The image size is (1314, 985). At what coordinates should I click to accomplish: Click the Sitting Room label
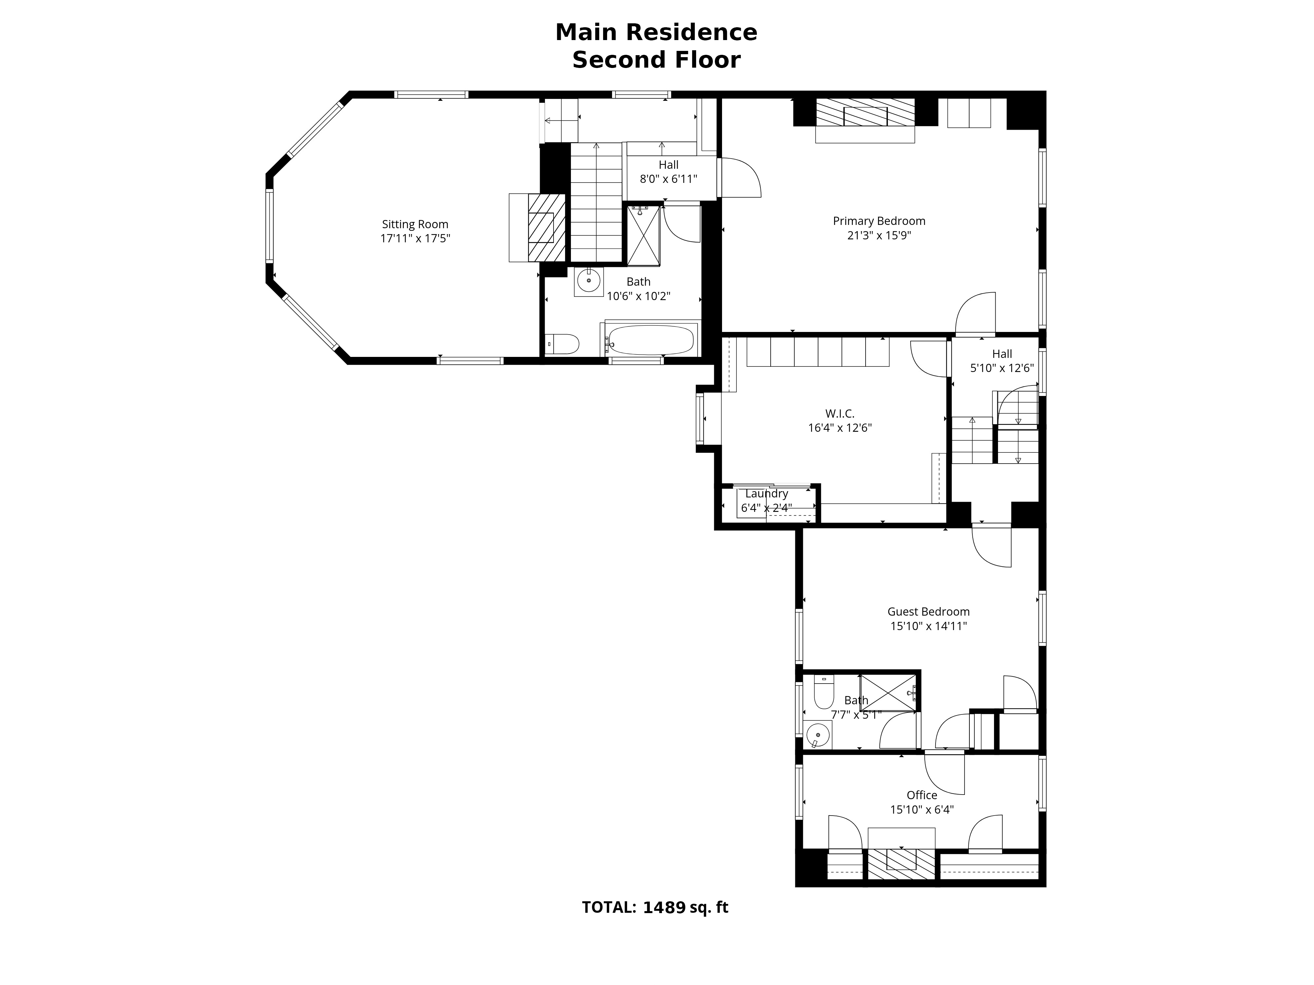click(415, 225)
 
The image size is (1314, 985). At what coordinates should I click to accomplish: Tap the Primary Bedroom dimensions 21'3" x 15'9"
click(879, 235)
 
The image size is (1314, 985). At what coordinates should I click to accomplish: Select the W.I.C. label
click(839, 414)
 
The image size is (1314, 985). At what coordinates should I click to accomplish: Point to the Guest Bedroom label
click(928, 612)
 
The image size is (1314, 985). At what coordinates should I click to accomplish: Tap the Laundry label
click(766, 493)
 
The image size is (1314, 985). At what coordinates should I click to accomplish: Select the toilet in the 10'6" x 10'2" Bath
click(562, 344)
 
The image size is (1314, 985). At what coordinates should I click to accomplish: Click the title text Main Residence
click(656, 33)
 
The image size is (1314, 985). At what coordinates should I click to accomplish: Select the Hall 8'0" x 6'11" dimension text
click(668, 179)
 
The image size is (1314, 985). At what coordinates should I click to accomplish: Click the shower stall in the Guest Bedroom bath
click(888, 692)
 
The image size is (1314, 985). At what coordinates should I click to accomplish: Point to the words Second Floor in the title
click(656, 60)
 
